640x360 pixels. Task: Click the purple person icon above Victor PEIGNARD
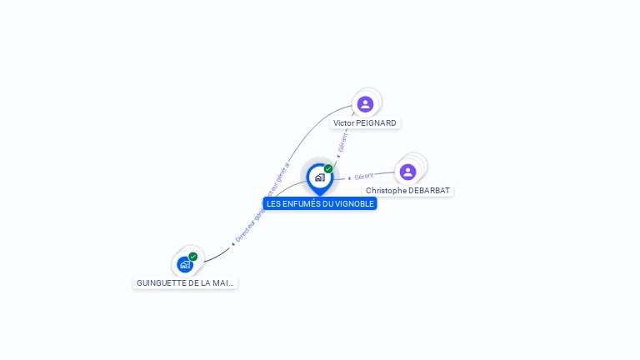tap(365, 104)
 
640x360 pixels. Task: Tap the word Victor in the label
tap(342, 123)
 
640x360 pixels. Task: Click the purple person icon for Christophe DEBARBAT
tap(407, 172)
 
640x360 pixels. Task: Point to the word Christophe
tap(386, 191)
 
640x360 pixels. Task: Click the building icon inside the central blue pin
tap(319, 177)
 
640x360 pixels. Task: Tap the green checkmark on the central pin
tap(328, 169)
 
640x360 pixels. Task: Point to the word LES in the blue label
tap(275, 203)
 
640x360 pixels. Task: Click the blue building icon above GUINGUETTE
tap(185, 264)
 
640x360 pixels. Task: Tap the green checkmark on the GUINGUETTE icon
tap(193, 257)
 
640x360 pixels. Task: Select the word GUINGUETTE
tap(161, 283)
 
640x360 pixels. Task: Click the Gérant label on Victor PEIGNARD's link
tap(342, 142)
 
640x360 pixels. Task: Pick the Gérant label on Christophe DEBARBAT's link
tap(363, 177)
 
